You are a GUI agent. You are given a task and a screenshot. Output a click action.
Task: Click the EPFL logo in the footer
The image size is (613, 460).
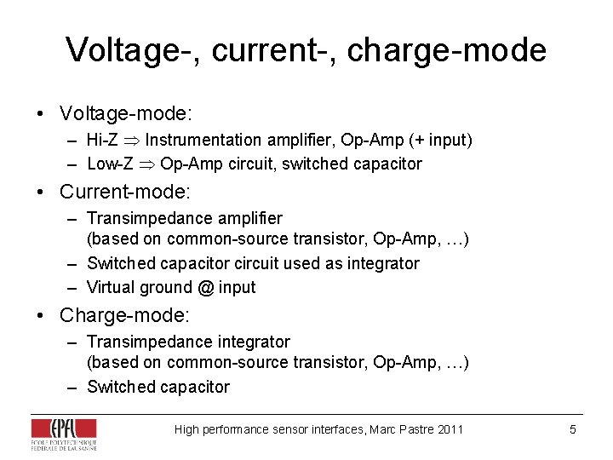(x=64, y=433)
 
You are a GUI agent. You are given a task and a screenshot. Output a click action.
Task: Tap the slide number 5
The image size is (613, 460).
(x=573, y=429)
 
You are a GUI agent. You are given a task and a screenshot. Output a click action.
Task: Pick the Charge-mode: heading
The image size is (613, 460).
(x=125, y=315)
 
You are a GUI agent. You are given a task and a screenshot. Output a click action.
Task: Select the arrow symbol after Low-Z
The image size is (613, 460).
(x=146, y=164)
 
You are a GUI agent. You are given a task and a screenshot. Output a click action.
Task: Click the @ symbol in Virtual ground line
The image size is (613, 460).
(x=205, y=287)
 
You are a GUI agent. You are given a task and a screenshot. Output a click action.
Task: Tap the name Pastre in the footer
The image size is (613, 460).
(x=415, y=429)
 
